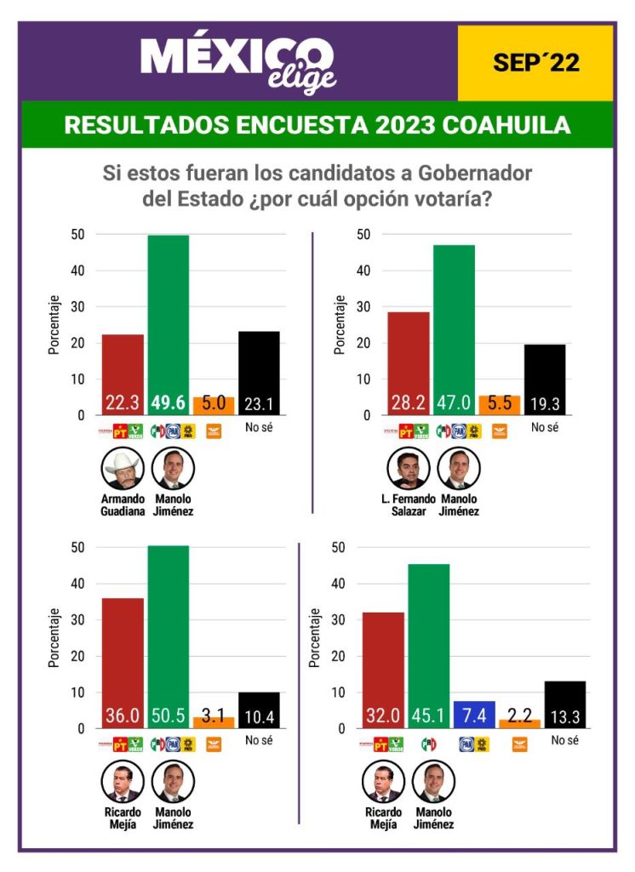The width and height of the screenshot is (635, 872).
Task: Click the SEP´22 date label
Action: [535, 62]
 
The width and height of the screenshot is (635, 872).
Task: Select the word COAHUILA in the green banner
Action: [507, 125]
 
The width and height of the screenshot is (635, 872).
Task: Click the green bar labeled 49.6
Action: [169, 323]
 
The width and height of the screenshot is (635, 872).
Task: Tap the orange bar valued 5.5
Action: [500, 405]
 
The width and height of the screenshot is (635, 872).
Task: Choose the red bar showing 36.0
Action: [123, 663]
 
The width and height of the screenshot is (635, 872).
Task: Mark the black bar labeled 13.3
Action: [565, 704]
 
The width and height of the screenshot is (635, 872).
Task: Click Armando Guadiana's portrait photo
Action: [123, 469]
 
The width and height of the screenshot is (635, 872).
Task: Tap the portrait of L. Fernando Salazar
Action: [409, 469]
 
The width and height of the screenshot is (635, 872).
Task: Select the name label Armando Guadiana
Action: [123, 505]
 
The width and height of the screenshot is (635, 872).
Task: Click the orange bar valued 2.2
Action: [519, 723]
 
